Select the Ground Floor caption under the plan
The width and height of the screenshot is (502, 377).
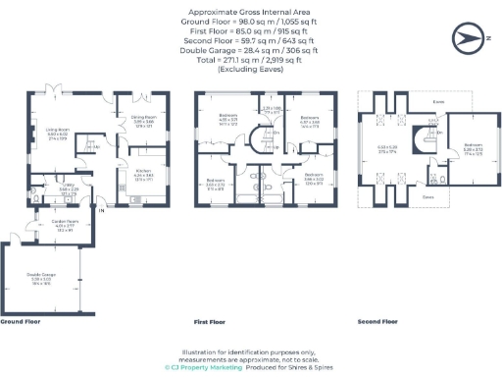[20, 321]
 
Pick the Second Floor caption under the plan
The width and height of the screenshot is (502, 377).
[377, 321]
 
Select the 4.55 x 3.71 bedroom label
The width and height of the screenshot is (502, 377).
[227, 122]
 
